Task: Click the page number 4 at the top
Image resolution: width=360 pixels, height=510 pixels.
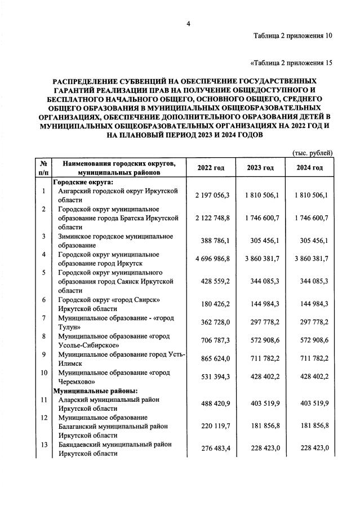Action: coord(189,23)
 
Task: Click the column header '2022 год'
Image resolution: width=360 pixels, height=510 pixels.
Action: coord(211,168)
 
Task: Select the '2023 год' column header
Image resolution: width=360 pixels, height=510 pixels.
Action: coord(261,168)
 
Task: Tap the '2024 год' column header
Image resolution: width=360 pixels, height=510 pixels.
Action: coord(310,168)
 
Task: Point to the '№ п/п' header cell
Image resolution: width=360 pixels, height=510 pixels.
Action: coord(43,167)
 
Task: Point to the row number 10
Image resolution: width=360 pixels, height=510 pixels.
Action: coord(43,373)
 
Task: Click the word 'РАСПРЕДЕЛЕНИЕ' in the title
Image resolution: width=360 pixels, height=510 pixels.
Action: coord(81,81)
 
